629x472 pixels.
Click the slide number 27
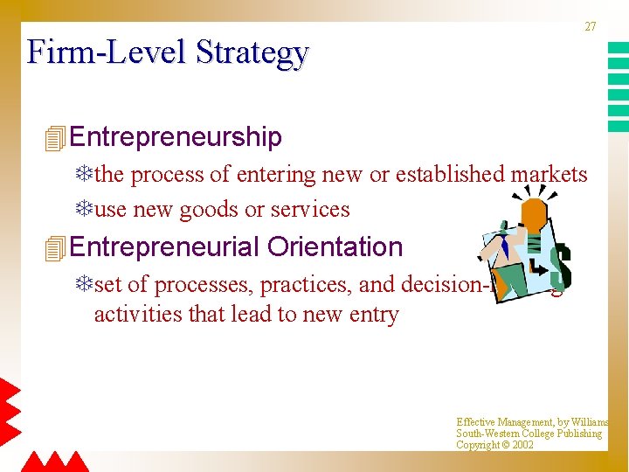click(591, 26)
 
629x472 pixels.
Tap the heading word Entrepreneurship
click(176, 137)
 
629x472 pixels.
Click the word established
click(450, 175)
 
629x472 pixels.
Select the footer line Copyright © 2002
click(494, 445)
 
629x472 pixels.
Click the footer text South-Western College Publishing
click(529, 434)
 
